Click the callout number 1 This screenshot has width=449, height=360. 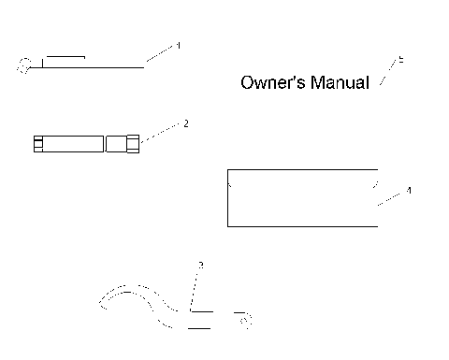179,45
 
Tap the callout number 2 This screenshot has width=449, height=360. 186,122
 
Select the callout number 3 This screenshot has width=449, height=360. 200,266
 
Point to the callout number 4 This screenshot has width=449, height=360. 409,190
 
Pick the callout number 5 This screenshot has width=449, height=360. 400,60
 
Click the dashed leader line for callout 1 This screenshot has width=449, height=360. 160,54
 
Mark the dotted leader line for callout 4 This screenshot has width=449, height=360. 390,197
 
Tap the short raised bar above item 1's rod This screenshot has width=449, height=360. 65,56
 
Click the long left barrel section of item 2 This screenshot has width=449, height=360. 73,144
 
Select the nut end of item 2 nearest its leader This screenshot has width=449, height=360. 134,144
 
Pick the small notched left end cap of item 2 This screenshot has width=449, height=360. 37,144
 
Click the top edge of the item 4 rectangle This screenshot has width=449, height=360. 302,169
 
